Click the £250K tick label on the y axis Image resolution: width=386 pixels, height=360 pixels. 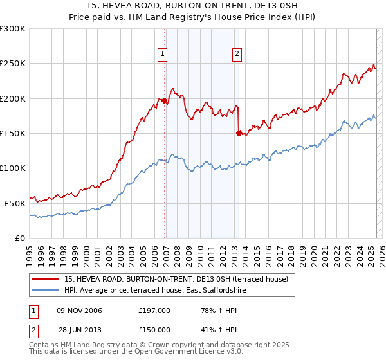(x=13, y=64)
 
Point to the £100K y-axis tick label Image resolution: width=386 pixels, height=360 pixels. (x=13, y=168)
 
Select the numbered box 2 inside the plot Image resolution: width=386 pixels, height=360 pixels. (x=237, y=55)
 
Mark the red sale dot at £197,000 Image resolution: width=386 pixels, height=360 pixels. (x=165, y=101)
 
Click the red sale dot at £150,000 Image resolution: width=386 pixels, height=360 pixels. (x=239, y=133)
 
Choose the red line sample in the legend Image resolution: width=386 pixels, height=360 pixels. (x=46, y=279)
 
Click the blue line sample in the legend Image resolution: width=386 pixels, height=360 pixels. (x=46, y=290)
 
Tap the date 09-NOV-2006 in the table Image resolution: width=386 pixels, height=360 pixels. (x=80, y=311)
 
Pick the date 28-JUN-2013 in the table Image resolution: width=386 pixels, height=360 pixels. (x=80, y=329)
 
